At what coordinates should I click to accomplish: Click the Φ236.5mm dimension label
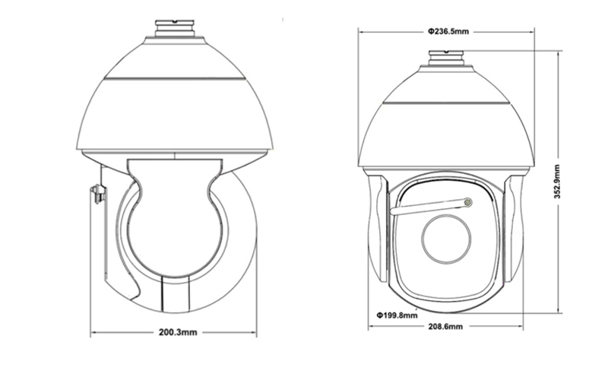pyautogui.click(x=448, y=31)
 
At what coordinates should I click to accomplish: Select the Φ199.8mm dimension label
pyautogui.click(x=397, y=314)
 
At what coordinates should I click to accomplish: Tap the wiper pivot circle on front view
pyautogui.click(x=468, y=202)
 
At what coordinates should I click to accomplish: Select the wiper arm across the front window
pyautogui.click(x=429, y=207)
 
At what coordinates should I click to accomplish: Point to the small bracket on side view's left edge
pyautogui.click(x=98, y=194)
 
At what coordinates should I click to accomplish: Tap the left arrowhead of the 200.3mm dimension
pyautogui.click(x=93, y=332)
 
